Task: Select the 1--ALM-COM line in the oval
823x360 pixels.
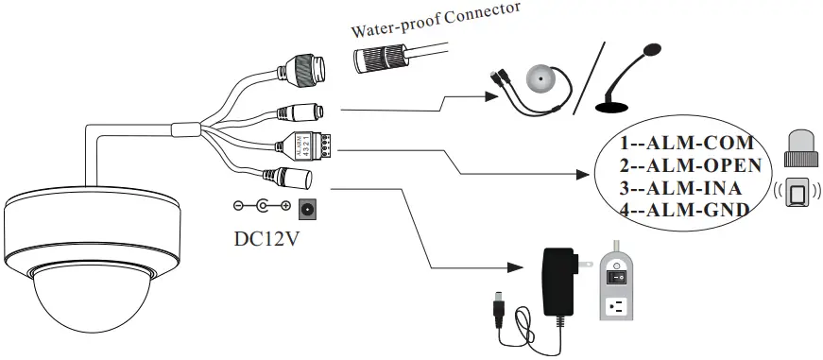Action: [x=686, y=145]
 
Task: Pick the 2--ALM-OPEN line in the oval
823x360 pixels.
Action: [x=686, y=166]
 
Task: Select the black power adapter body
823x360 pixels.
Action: [x=557, y=278]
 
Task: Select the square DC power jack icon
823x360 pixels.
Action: [x=305, y=208]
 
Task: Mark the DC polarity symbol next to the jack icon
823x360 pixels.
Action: [x=260, y=207]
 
